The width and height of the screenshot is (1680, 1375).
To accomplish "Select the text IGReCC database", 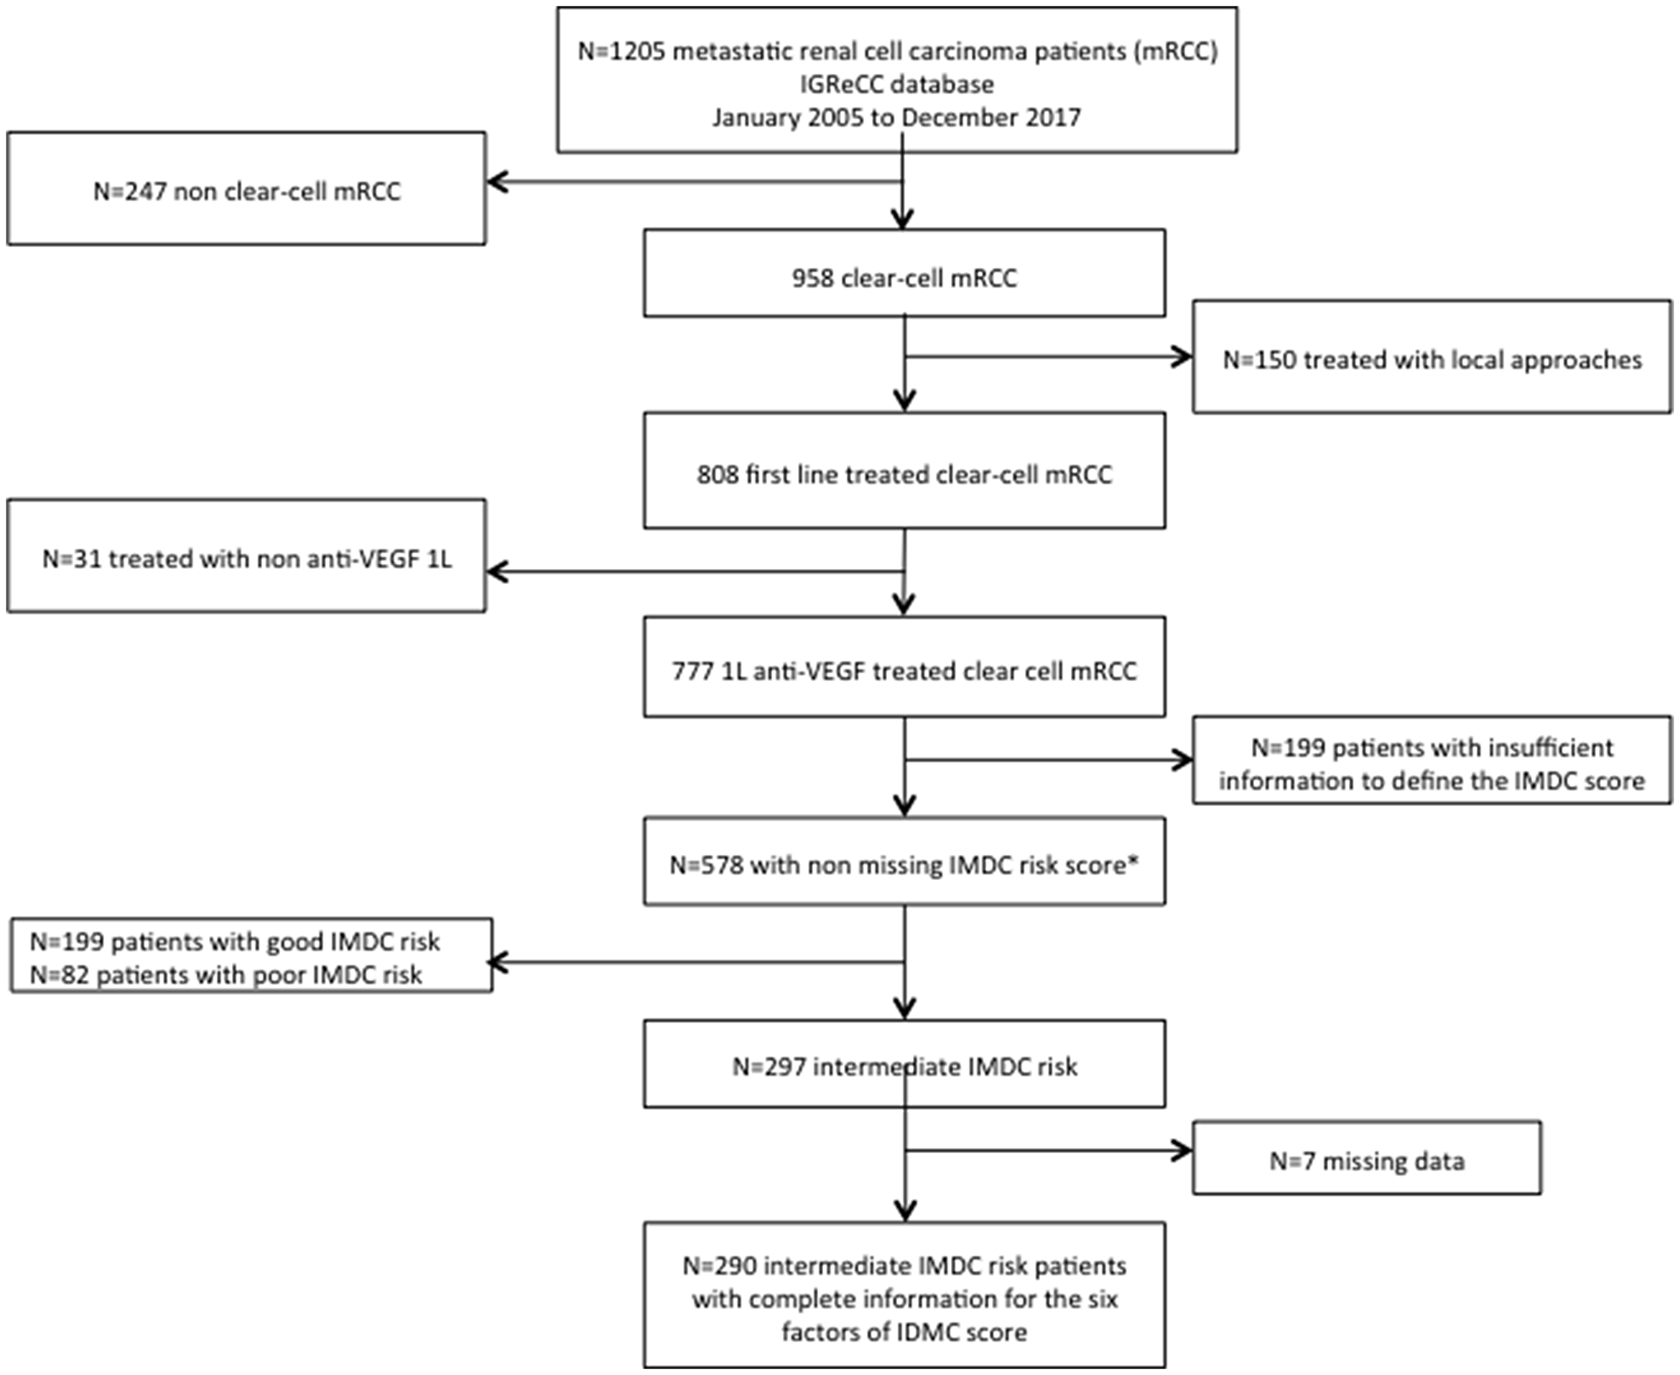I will click(x=896, y=85).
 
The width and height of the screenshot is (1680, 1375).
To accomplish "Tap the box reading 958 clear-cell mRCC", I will click(x=904, y=277).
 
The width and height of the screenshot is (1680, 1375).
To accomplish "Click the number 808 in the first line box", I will click(x=717, y=475).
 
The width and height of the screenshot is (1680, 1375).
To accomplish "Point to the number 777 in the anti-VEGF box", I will click(x=692, y=672).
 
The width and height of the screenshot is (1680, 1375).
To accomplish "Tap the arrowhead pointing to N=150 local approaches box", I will click(x=1184, y=357).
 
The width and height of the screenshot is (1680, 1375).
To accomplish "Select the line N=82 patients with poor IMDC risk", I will click(x=226, y=975).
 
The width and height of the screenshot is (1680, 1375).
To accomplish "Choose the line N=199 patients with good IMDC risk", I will click(x=234, y=941).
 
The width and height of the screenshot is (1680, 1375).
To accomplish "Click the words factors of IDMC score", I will click(x=904, y=1332).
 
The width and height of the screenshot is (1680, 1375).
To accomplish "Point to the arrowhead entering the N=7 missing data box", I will click(x=1184, y=1151).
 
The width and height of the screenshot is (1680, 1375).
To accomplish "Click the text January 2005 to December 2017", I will click(x=896, y=118).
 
